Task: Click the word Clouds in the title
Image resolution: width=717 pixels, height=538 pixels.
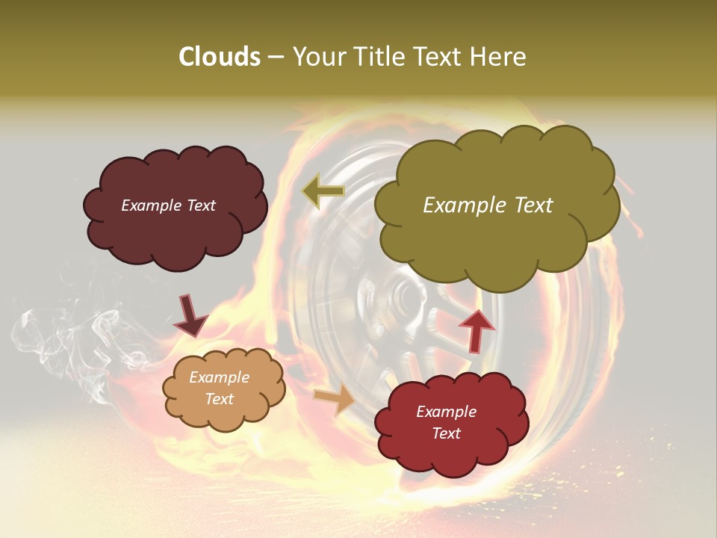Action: click(219, 57)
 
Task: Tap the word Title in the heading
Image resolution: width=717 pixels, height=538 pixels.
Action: click(379, 57)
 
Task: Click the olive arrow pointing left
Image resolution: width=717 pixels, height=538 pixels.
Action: click(323, 191)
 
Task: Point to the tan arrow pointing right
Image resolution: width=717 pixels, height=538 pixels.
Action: click(335, 399)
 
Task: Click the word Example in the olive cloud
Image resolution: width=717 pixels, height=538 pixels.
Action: click(463, 205)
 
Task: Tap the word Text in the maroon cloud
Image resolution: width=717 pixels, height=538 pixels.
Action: click(200, 205)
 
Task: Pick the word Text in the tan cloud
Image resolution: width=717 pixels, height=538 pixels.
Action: click(220, 399)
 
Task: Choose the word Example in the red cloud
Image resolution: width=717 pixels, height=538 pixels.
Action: click(446, 412)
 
